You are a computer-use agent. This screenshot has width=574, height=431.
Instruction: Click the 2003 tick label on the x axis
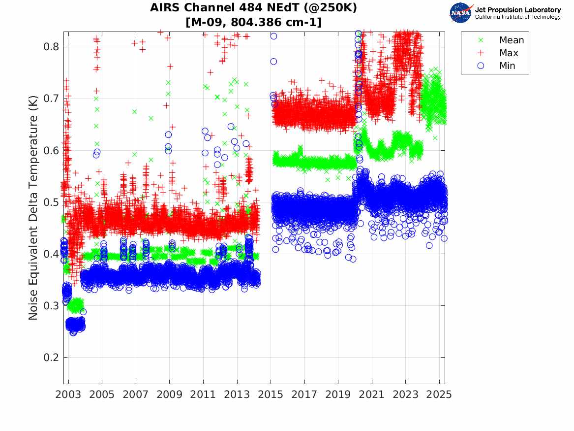coord(68,395)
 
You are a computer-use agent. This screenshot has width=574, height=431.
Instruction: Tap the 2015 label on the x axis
coord(271,395)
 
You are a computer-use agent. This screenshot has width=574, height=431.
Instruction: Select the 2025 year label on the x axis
coord(439,395)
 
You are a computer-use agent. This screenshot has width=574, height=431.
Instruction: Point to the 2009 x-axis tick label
coord(170,395)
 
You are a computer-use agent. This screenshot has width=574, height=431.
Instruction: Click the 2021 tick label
coord(372,395)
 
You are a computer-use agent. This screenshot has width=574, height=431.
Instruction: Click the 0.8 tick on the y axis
coord(51,47)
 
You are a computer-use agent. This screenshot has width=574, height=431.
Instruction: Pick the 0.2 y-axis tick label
coord(51,358)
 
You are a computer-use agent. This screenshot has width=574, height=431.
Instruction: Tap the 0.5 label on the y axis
coord(51,202)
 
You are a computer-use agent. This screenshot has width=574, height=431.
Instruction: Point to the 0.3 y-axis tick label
coord(51,306)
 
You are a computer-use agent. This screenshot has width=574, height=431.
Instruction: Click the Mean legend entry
coord(512,40)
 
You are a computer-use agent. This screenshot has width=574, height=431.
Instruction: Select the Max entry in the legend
coord(509,53)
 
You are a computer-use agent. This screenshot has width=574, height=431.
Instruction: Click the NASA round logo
coord(461,13)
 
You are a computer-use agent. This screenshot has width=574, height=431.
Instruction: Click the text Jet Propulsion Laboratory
coord(517,10)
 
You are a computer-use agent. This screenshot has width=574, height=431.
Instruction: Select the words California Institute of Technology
coord(517,17)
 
